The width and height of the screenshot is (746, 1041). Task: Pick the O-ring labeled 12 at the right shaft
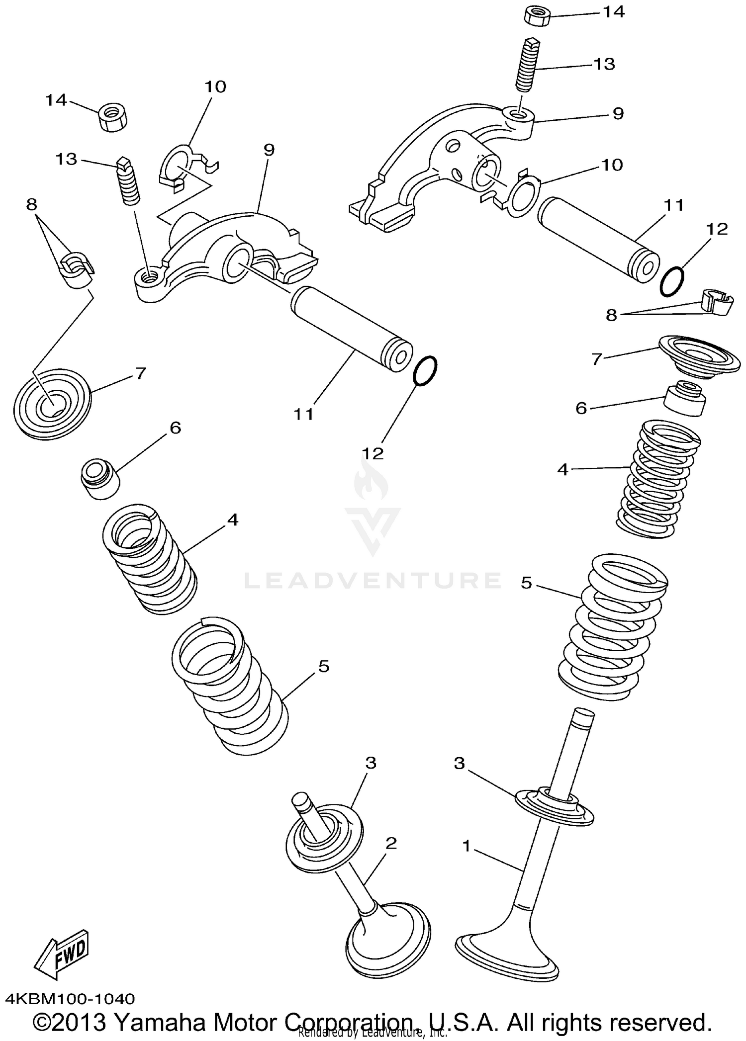tap(672, 281)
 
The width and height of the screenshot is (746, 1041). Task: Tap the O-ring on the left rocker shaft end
tap(425, 370)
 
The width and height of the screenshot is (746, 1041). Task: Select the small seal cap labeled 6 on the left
tap(100, 479)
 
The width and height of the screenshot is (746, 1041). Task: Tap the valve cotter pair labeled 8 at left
tap(77, 271)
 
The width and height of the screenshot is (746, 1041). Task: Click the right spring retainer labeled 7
tap(696, 356)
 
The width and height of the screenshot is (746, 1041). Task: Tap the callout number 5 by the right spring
tap(526, 582)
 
